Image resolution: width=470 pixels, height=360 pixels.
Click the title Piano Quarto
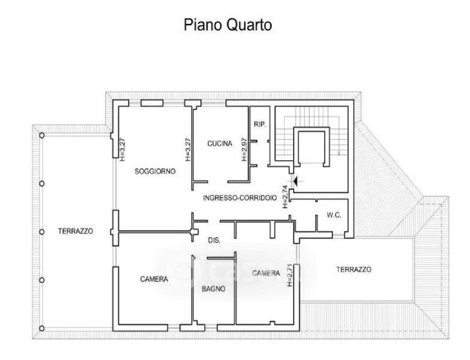(x=227, y=25)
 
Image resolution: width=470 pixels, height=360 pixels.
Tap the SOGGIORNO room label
(x=155, y=171)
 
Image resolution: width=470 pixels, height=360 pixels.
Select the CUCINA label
(x=220, y=143)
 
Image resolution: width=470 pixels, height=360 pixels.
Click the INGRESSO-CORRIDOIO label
(x=240, y=198)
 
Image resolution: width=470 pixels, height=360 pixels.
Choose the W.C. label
(x=334, y=215)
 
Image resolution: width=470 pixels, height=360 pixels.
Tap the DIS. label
(x=214, y=240)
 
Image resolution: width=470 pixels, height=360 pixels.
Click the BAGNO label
(x=214, y=289)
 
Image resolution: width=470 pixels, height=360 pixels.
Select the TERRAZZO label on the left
(x=75, y=231)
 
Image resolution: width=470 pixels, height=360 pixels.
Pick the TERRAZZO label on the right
(x=354, y=269)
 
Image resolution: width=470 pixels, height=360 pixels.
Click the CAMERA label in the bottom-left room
(x=154, y=279)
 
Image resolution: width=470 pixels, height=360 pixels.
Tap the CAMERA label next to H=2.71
(x=266, y=273)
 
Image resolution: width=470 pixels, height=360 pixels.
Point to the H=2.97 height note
(x=244, y=148)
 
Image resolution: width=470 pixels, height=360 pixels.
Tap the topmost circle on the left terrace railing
(x=41, y=136)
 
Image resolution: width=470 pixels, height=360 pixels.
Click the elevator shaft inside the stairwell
(x=311, y=146)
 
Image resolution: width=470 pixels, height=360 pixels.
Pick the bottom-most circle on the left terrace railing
(x=41, y=328)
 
